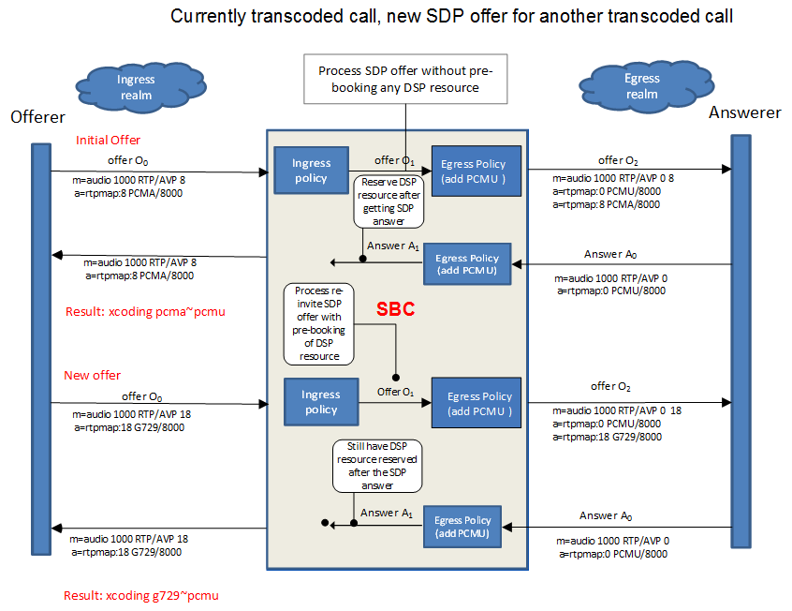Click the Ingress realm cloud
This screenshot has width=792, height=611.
click(140, 87)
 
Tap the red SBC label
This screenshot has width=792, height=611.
click(395, 309)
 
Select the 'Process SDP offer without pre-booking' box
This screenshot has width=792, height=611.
click(405, 79)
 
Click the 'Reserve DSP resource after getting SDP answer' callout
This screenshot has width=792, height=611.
click(389, 201)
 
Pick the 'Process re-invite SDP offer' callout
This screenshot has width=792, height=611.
click(318, 323)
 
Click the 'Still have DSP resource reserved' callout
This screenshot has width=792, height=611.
click(377, 466)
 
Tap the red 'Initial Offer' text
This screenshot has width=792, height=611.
click(108, 141)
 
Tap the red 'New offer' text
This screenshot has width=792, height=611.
click(92, 375)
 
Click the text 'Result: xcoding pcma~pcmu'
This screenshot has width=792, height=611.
click(145, 311)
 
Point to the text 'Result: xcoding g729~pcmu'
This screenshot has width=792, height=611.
click(141, 595)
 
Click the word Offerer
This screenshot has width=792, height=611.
click(37, 117)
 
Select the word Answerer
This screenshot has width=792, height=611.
click(745, 112)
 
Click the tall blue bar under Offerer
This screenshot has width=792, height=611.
click(41, 349)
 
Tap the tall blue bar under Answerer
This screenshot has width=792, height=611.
click(741, 341)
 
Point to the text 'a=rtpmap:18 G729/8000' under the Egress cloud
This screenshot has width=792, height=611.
click(608, 437)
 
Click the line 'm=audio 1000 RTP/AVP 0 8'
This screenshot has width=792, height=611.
click(613, 178)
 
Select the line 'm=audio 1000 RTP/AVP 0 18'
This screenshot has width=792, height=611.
click(617, 410)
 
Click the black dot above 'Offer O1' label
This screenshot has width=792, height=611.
click(396, 378)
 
